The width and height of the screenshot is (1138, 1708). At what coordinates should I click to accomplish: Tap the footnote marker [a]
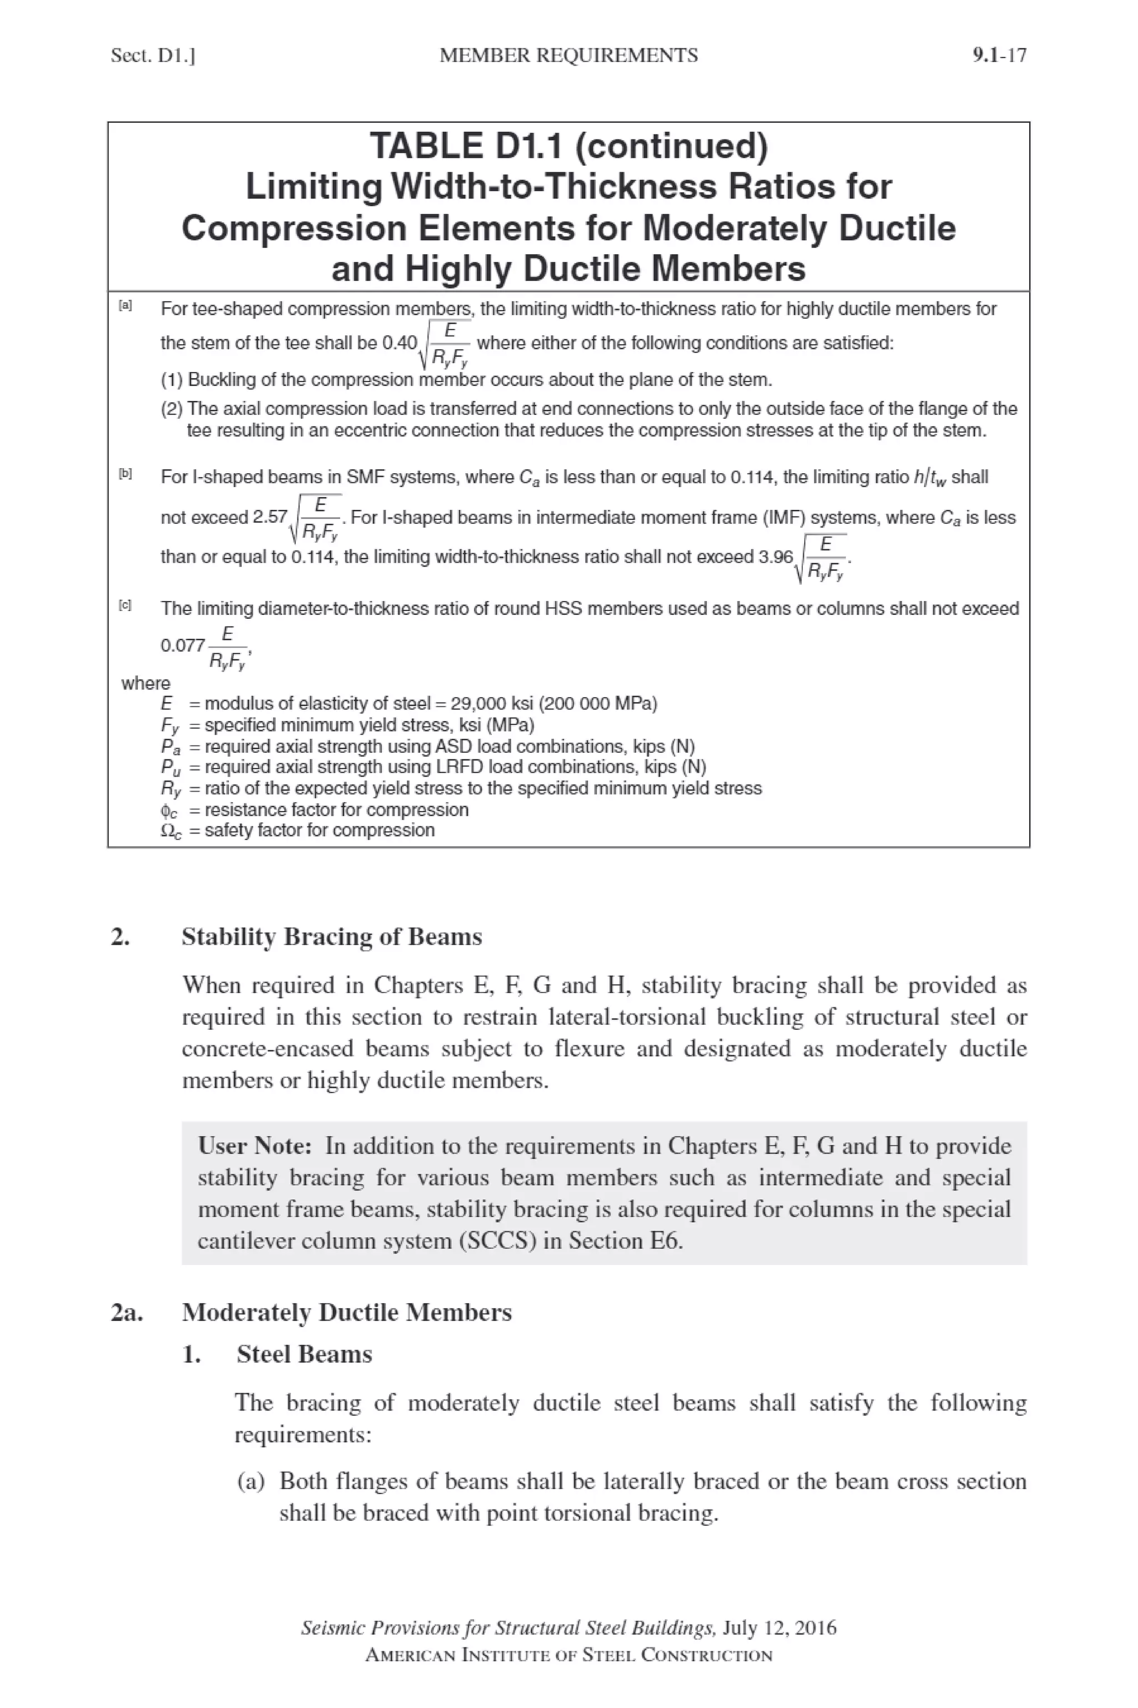coord(126,306)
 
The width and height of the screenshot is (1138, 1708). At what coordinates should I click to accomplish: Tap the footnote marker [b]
coord(126,474)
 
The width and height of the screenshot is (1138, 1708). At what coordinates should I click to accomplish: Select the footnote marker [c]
coord(126,605)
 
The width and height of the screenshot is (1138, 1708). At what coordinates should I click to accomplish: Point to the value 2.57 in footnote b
coord(270,517)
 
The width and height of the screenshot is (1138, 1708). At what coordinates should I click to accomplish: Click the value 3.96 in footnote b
coord(776,557)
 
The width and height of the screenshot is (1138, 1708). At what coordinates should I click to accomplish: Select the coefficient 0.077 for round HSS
coord(182,645)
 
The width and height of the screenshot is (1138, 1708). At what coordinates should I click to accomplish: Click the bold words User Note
coord(254,1145)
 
